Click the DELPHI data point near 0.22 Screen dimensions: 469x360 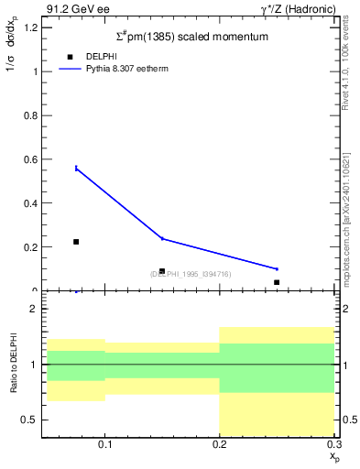(x=76, y=242)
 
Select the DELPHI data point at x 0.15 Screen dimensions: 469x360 (x=162, y=271)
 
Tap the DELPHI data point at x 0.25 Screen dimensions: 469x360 (x=277, y=282)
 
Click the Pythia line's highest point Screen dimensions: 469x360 (x=76, y=168)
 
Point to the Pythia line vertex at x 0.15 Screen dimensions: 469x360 (x=162, y=238)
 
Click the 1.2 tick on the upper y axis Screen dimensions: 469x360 (x=32, y=27)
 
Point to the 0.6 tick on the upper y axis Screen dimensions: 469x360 (x=32, y=159)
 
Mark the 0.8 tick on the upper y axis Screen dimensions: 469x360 (x=32, y=115)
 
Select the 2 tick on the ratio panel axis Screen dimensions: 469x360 (x=34, y=310)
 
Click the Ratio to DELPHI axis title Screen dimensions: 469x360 (x=14, y=365)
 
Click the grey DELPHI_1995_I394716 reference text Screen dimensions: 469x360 (x=191, y=274)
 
